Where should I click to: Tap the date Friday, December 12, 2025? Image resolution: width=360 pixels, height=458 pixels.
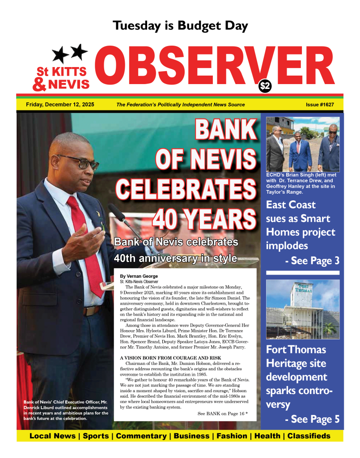(x=60, y=105)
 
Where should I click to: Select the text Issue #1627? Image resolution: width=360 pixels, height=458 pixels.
(x=320, y=105)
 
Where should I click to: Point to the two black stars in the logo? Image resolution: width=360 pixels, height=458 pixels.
(x=70, y=53)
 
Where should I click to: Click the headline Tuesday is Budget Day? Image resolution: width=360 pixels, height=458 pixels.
(x=180, y=26)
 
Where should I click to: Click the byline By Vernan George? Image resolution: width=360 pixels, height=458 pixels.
(x=139, y=276)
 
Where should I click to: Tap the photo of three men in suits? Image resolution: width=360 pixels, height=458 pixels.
(x=303, y=144)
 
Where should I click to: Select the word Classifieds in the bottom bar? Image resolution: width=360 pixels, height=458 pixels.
(x=309, y=436)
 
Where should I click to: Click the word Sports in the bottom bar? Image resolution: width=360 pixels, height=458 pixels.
(x=96, y=436)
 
